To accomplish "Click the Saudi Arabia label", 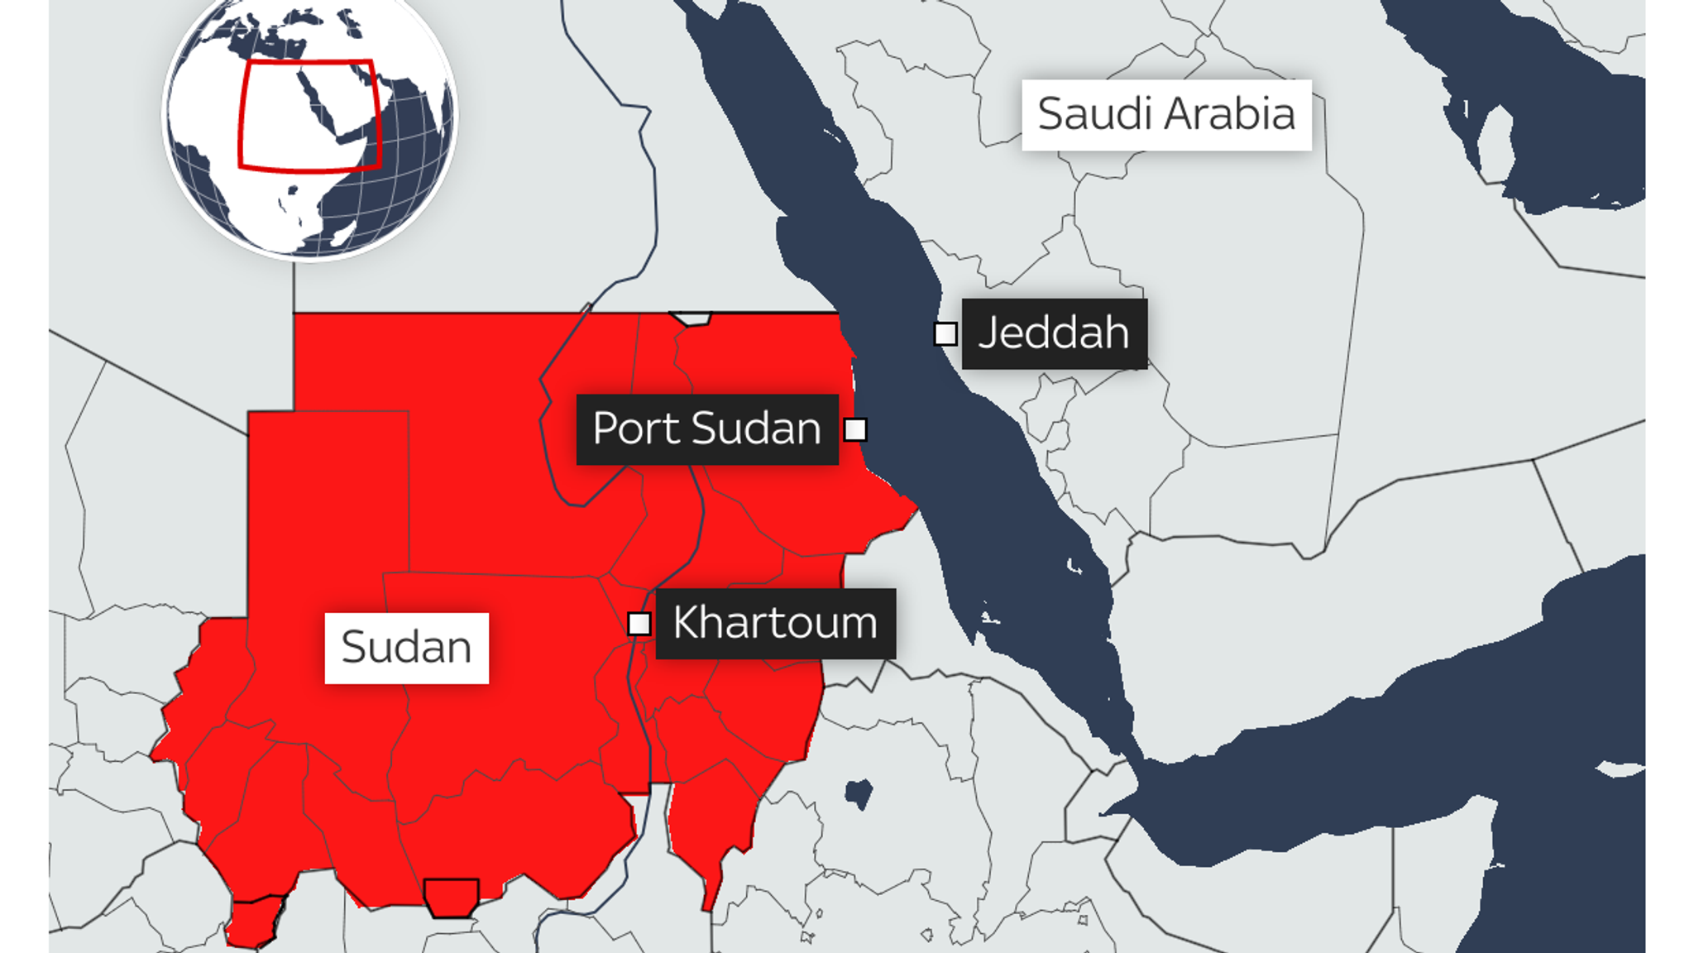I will click(1166, 115).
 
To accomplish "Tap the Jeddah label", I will click(1054, 333).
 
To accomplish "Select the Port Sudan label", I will click(707, 429).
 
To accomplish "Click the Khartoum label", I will click(775, 624).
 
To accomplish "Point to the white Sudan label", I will click(406, 648).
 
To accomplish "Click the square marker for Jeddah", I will click(945, 334).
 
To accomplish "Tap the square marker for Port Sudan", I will click(855, 430).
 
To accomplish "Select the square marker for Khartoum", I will click(639, 624).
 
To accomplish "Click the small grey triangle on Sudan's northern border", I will click(691, 318).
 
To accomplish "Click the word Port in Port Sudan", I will click(637, 429).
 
